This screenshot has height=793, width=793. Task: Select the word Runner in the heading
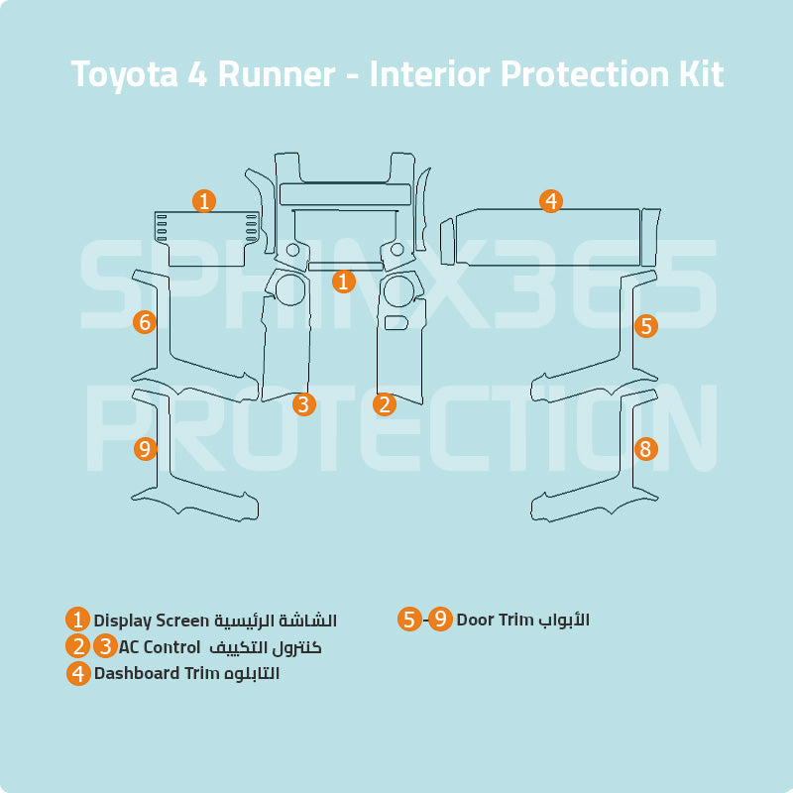[277, 74]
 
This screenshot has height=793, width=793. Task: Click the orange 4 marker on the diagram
[551, 201]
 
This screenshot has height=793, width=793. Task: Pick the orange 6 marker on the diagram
[145, 322]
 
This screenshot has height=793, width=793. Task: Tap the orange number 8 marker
[645, 449]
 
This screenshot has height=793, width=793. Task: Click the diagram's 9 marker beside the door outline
[145, 449]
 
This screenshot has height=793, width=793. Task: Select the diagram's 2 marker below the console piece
[385, 403]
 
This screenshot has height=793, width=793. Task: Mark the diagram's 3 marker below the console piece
[304, 403]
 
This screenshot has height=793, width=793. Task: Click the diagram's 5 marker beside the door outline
[645, 325]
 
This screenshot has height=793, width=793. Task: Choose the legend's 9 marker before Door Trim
[441, 620]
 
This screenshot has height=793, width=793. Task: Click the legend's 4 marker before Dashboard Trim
[78, 673]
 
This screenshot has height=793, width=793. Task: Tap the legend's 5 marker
[409, 620]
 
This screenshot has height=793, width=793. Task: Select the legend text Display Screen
[152, 621]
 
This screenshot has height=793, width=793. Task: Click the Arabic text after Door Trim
[564, 620]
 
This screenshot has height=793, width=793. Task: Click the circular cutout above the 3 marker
[291, 289]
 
